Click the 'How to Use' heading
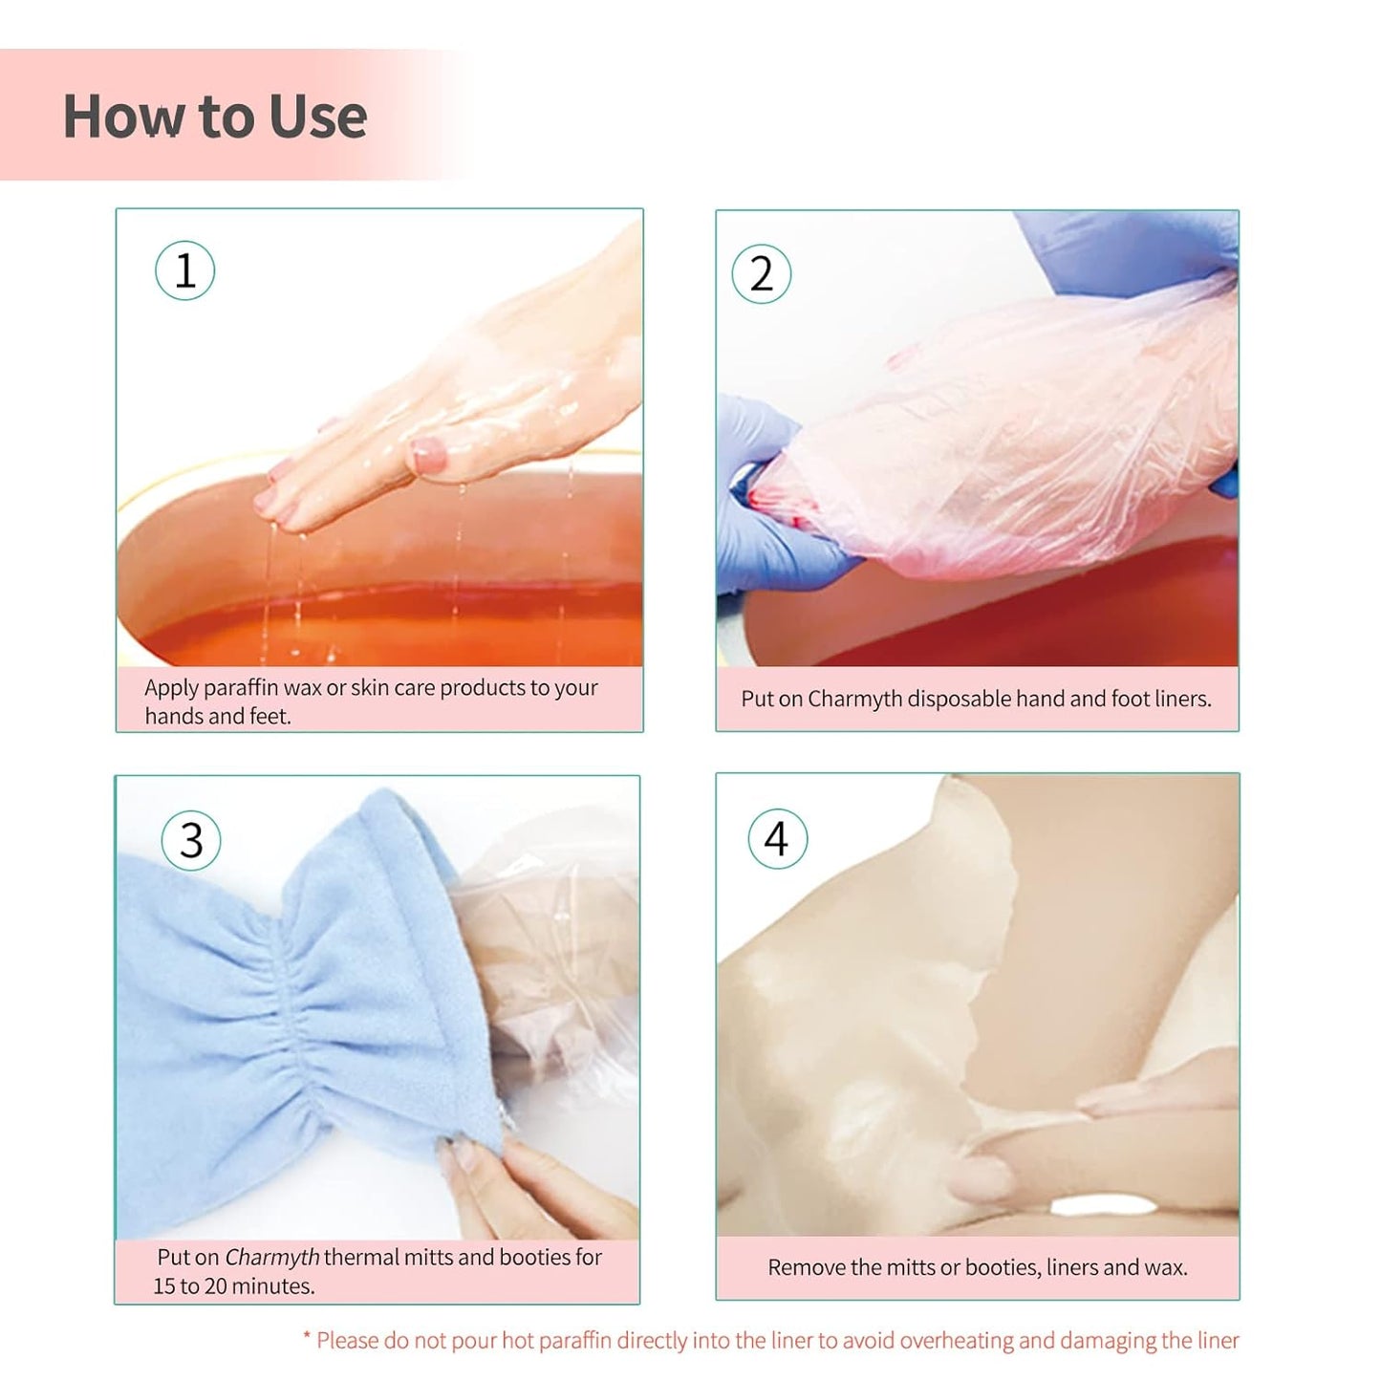tap(215, 117)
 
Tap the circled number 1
tap(185, 270)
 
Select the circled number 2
tap(761, 274)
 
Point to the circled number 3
tap(191, 840)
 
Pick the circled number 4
tap(777, 838)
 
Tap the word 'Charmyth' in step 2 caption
tap(854, 699)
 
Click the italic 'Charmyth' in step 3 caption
tap(272, 1257)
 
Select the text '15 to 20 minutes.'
tap(234, 1286)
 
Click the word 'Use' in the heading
tap(317, 117)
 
